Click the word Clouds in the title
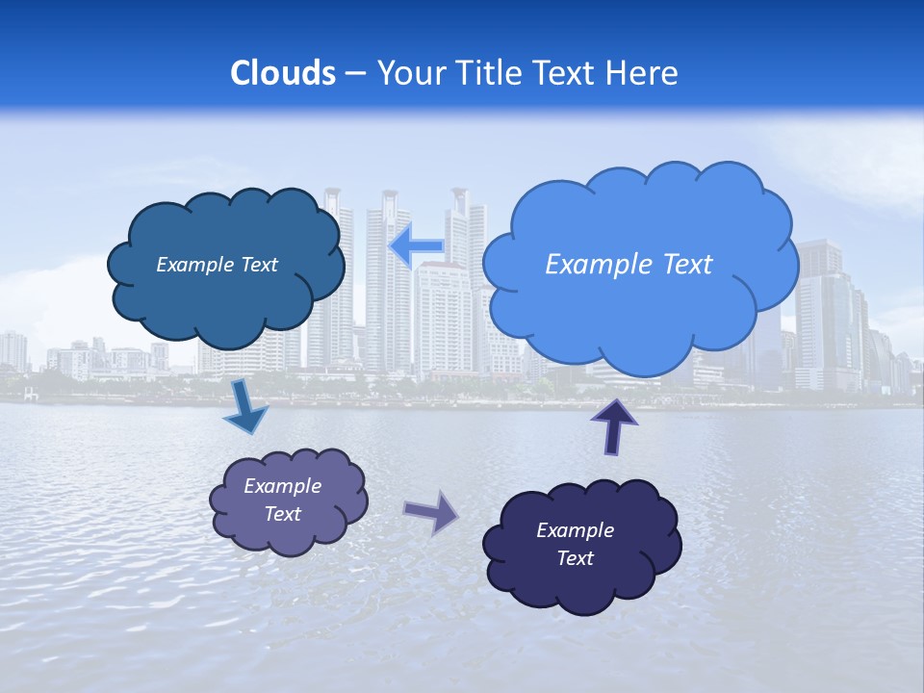[x=283, y=73]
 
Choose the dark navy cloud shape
[x=581, y=577]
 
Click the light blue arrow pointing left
[x=416, y=247]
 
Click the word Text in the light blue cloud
[x=687, y=265]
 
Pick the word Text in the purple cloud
[x=283, y=514]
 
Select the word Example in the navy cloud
[x=575, y=530]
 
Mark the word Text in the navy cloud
[x=575, y=558]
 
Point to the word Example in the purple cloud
[x=283, y=486]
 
